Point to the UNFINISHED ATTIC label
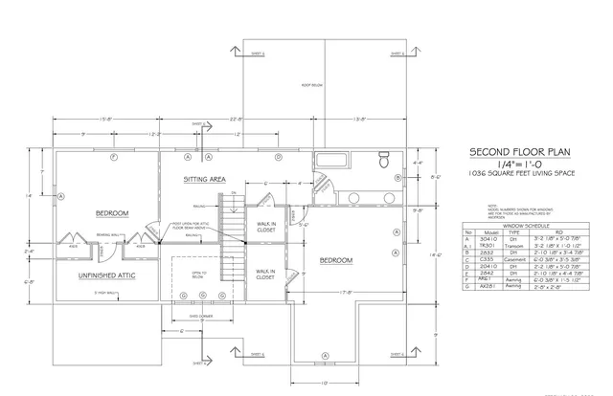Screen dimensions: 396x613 [x=104, y=275]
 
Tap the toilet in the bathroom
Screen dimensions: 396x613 [x=383, y=159]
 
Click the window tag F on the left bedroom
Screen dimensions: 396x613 [x=113, y=155]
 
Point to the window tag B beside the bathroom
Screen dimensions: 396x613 [x=397, y=178]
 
